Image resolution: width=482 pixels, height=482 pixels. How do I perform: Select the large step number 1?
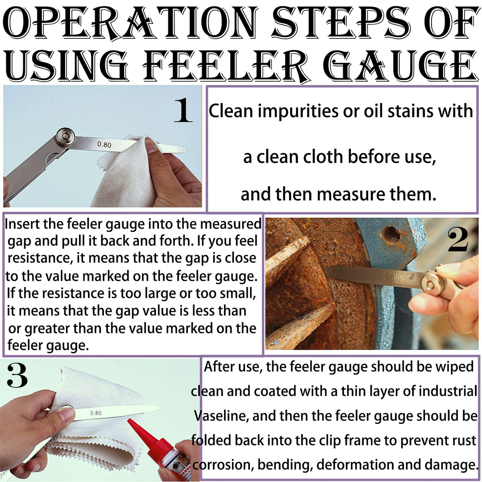(183, 110)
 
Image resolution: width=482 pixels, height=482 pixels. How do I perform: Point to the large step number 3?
(17, 375)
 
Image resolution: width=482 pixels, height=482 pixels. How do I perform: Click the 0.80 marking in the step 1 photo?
(104, 144)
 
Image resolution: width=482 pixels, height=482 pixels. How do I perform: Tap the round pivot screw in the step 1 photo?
(66, 137)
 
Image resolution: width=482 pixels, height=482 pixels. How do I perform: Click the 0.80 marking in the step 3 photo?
(96, 413)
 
